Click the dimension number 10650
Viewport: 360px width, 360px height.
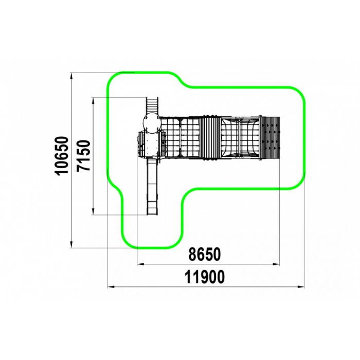[x=62, y=156]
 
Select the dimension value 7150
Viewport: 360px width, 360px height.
[x=83, y=155]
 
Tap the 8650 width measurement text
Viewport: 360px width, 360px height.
[x=204, y=255]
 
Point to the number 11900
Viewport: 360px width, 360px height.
[x=205, y=277]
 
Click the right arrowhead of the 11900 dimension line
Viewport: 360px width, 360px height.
[x=301, y=286]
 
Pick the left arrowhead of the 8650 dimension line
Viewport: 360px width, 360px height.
[x=140, y=264]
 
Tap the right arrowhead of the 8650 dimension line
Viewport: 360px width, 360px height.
[x=276, y=264]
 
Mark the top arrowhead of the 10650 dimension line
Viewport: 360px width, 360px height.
[x=71, y=76]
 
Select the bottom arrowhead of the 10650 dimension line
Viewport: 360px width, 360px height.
[x=71, y=244]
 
